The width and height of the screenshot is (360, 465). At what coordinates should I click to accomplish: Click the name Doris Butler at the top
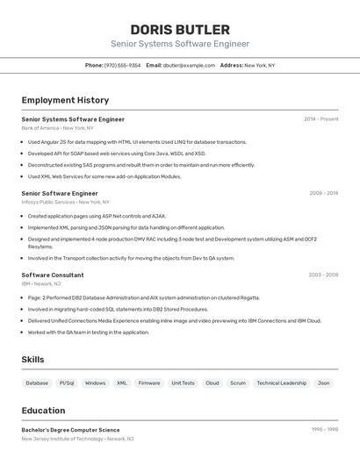click(x=179, y=29)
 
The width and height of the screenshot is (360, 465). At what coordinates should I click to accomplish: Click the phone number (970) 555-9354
click(x=122, y=65)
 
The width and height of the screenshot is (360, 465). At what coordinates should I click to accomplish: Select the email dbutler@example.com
click(x=189, y=65)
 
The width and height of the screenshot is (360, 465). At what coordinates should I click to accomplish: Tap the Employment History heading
click(x=65, y=100)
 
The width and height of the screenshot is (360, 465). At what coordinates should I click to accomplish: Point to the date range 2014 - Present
click(x=320, y=118)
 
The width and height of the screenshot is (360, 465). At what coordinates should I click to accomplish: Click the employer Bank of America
click(x=40, y=128)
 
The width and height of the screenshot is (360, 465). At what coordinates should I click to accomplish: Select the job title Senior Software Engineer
click(x=60, y=193)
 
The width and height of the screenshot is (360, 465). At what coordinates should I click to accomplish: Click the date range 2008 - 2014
click(x=323, y=193)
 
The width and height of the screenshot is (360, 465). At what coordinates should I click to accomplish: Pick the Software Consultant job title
click(x=53, y=275)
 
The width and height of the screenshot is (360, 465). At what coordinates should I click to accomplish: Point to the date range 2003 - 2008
click(x=323, y=275)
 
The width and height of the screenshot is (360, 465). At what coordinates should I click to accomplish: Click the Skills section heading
click(x=32, y=360)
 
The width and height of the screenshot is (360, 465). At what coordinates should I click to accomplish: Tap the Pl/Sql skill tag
click(x=67, y=383)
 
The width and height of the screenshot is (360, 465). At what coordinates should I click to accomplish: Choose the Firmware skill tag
click(x=149, y=383)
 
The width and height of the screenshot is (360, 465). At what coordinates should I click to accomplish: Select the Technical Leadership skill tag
click(x=281, y=383)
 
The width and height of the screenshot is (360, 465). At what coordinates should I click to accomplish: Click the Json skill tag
click(x=324, y=383)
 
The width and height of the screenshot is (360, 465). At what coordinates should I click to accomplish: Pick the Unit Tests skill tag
click(x=183, y=383)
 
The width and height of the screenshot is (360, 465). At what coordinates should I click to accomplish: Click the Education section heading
click(x=43, y=411)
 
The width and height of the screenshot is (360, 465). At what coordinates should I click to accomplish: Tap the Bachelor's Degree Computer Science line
click(x=70, y=430)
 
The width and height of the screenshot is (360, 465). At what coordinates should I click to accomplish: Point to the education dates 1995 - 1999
click(x=324, y=430)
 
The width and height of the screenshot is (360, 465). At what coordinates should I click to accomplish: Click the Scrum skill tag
click(x=238, y=383)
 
